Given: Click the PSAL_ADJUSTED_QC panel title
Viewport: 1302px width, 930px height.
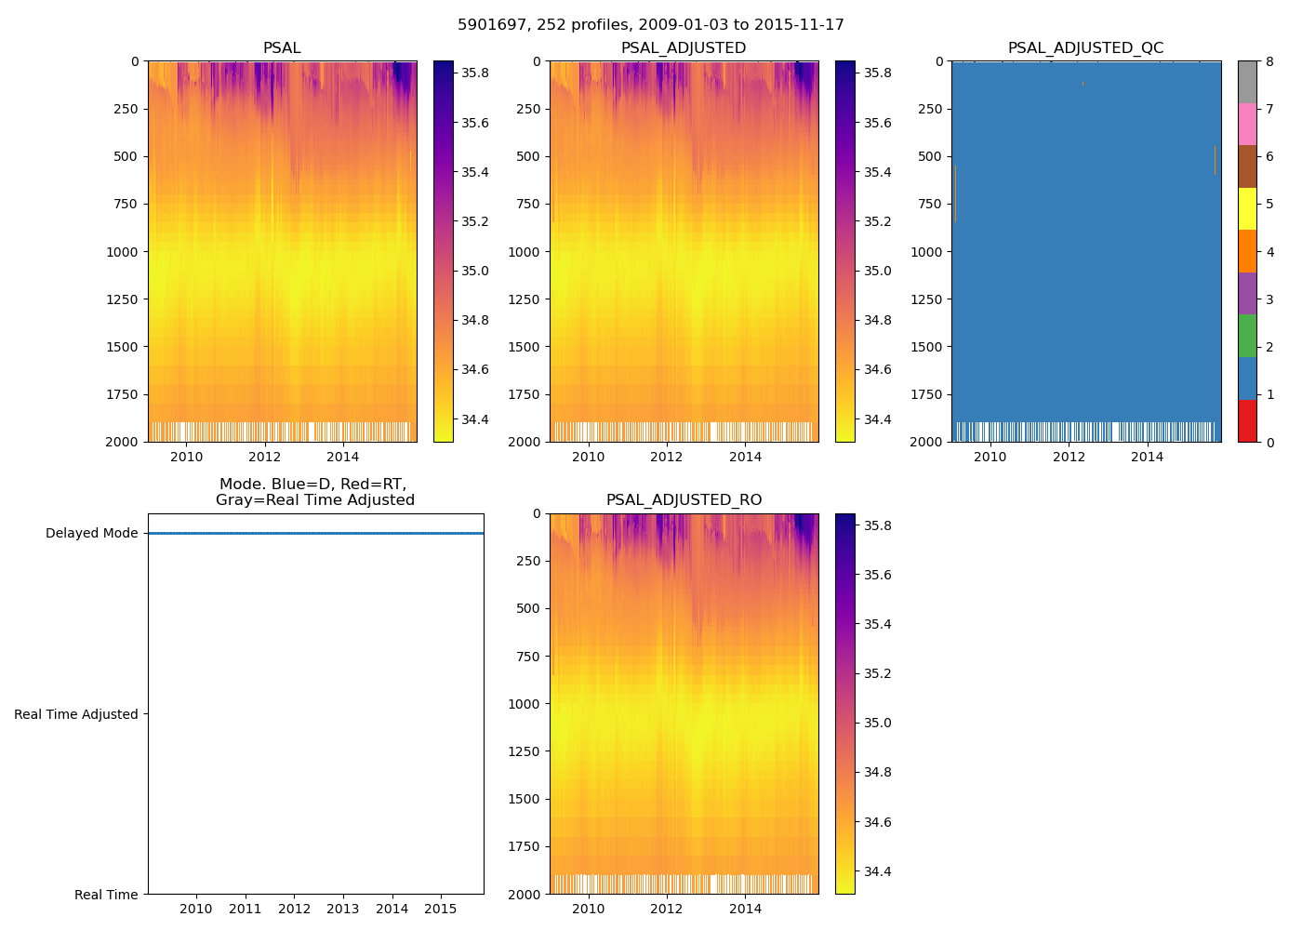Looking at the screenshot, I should coord(1085,48).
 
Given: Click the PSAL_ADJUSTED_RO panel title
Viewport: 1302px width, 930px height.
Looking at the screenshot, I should coord(684,500).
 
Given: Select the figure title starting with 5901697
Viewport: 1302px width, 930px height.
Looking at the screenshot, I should coord(651,25).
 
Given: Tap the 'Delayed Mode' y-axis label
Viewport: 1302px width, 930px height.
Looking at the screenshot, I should coord(91,534).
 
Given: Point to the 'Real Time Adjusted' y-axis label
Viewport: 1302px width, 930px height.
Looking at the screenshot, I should coord(76,714).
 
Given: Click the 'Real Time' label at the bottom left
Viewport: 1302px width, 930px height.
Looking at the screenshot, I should coord(106,895).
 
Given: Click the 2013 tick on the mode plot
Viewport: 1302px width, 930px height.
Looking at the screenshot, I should coord(343,909).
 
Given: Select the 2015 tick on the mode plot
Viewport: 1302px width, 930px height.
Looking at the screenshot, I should coord(441,909).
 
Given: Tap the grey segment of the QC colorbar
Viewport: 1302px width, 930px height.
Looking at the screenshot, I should coord(1247,82).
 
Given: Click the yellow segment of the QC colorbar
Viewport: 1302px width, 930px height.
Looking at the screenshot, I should coord(1247,208).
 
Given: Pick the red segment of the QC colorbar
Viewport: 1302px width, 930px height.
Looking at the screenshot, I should coord(1247,420).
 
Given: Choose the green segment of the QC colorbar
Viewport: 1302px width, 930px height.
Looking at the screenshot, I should coord(1247,336).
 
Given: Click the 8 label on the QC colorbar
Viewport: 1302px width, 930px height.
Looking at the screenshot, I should coord(1269,61).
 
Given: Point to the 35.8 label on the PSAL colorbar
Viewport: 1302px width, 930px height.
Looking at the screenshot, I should coord(475,73).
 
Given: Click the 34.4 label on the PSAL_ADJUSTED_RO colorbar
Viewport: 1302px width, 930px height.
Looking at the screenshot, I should coord(877,872).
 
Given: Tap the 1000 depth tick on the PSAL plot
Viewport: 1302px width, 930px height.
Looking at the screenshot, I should coord(122,252).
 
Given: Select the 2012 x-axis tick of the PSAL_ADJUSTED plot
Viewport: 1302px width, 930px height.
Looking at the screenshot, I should coord(667,457).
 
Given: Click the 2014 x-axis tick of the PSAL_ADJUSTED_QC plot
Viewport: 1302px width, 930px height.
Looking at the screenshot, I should coord(1147,457).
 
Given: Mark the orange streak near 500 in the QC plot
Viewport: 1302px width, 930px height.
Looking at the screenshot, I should coord(1215,160).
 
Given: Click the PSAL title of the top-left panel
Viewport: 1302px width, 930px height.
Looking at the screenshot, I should coord(282,48).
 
